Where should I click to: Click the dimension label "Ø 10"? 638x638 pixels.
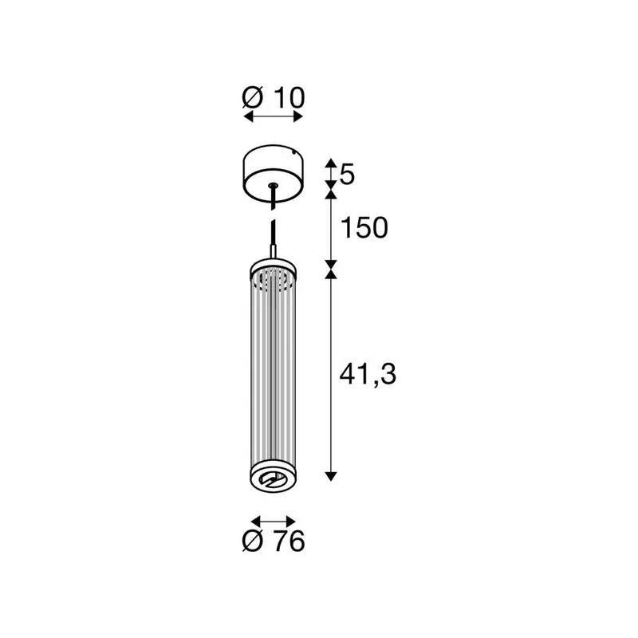point(274,98)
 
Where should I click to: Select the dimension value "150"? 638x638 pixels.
point(364,228)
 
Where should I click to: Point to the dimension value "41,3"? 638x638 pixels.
point(368,374)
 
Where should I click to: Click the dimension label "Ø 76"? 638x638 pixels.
point(274,542)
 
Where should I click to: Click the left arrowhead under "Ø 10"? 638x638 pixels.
point(248,117)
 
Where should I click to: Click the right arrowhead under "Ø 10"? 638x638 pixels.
point(298,117)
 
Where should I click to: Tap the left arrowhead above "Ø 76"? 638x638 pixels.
point(256,522)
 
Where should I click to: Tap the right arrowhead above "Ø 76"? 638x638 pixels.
point(290,522)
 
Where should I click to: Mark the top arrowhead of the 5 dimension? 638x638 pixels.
point(331,163)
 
